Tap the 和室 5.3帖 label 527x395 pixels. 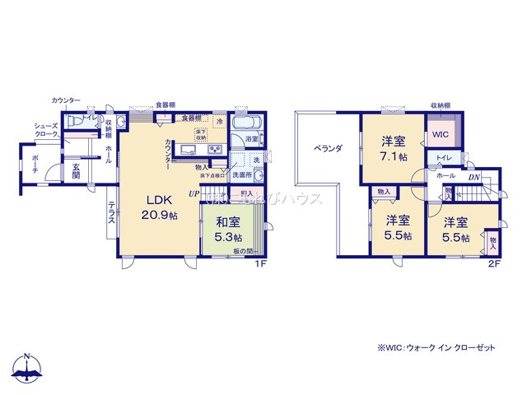tap(229, 228)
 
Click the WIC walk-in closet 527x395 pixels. tap(442, 132)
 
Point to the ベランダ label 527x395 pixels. tap(327, 149)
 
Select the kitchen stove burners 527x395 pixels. tap(215, 149)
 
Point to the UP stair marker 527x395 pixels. tap(194, 193)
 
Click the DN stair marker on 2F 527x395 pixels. tap(474, 176)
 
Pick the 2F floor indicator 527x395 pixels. tap(494, 264)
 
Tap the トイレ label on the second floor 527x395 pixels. tap(442, 156)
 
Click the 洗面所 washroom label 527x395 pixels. tap(241, 174)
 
